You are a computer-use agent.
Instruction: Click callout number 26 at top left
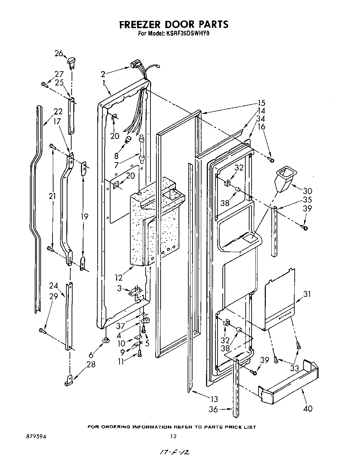(x=58, y=53)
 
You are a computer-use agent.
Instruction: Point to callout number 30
(x=308, y=191)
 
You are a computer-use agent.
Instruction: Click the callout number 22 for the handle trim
(x=58, y=111)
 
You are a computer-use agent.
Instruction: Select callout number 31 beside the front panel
(x=307, y=294)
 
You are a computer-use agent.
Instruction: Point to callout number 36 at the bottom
(x=213, y=410)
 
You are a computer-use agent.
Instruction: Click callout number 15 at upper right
(x=261, y=103)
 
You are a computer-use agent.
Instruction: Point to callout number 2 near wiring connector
(x=103, y=74)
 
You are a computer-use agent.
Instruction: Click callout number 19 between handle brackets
(x=84, y=217)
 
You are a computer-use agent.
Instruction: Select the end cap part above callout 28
(x=68, y=381)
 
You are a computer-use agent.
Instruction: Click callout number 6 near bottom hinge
(x=91, y=354)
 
